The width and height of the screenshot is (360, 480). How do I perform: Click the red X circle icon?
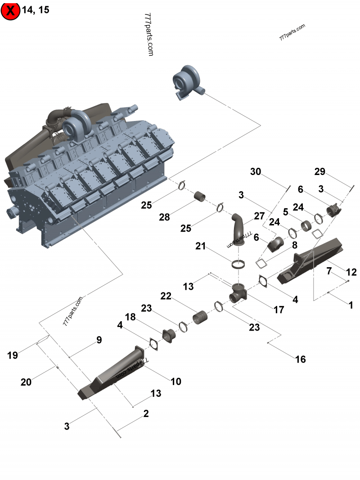(x=11, y=11)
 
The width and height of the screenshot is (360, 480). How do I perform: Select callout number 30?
(x=256, y=172)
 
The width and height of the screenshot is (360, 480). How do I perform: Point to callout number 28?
(x=164, y=217)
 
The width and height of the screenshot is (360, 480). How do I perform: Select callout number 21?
(x=201, y=246)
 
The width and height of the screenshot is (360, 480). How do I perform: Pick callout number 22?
(x=166, y=296)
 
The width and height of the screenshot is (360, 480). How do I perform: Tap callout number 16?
(x=300, y=359)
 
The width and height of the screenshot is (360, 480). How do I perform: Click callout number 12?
(x=351, y=272)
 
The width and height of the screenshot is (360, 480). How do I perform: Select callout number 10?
(x=176, y=381)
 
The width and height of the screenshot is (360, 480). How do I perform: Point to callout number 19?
(x=12, y=355)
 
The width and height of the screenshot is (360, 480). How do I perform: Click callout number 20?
(x=26, y=382)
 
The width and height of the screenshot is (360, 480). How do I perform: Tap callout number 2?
(x=146, y=413)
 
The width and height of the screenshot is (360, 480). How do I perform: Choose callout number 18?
(x=130, y=317)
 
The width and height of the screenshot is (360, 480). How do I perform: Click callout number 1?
(x=351, y=305)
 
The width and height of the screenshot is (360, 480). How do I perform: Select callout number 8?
(x=294, y=245)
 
